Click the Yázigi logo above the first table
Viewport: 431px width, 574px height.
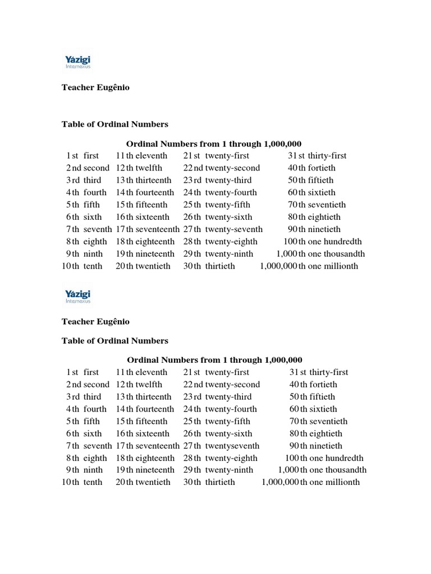pyautogui.click(x=77, y=61)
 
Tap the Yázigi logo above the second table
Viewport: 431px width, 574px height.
pyautogui.click(x=77, y=294)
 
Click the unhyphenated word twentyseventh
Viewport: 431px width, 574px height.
pyautogui.click(x=232, y=446)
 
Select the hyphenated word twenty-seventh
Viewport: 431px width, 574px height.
pyautogui.click(x=233, y=229)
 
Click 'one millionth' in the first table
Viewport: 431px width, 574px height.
pyautogui.click(x=333, y=266)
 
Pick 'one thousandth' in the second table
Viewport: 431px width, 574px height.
pyautogui.click(x=337, y=470)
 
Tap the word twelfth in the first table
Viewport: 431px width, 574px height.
pyautogui.click(x=148, y=168)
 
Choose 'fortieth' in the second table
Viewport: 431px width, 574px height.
pyautogui.click(x=322, y=385)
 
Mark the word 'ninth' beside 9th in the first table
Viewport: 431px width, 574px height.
pyautogui.click(x=93, y=254)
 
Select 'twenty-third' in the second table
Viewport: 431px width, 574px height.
pyautogui.click(x=228, y=397)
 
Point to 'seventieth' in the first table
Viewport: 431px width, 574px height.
pyautogui.click(x=327, y=205)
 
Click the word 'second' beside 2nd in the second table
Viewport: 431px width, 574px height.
pyautogui.click(x=97, y=385)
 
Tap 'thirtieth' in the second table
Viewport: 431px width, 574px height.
pyautogui.click(x=220, y=483)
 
